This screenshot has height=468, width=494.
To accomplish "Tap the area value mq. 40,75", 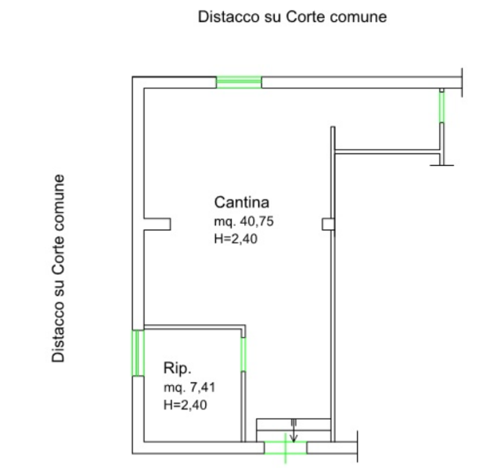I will pyautogui.click(x=243, y=222).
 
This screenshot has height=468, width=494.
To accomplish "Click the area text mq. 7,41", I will pyautogui.click(x=190, y=387).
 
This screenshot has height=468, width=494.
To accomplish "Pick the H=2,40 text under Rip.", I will pyautogui.click(x=186, y=405).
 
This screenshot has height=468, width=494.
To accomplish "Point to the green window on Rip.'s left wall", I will pyautogui.click(x=139, y=353).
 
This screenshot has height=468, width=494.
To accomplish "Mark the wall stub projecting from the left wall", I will pyautogui.click(x=157, y=225).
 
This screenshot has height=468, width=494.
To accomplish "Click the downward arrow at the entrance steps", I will pyautogui.click(x=293, y=436).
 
